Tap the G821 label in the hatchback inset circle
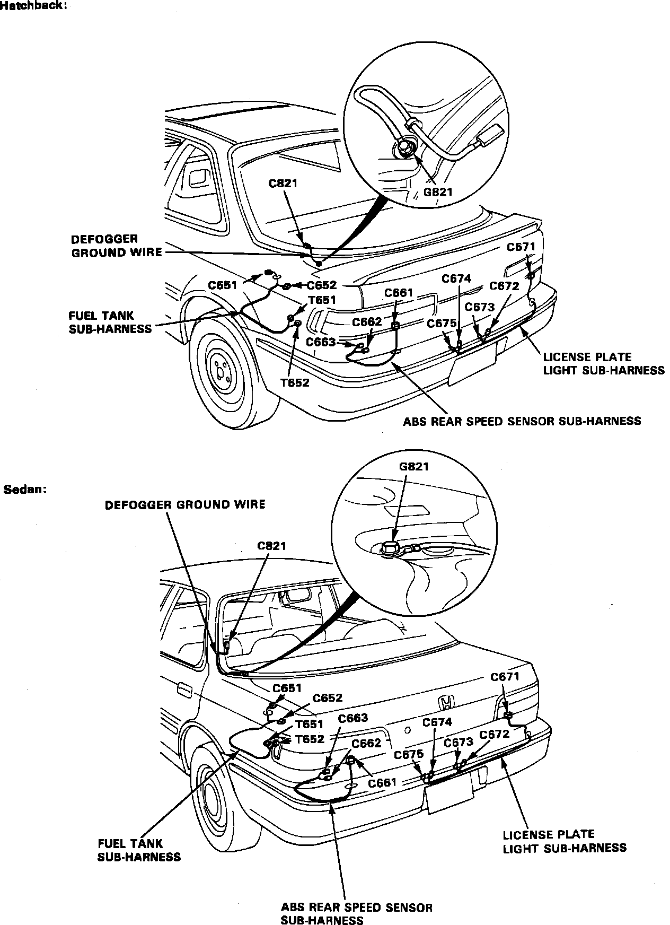(x=437, y=191)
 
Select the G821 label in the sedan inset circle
(x=413, y=467)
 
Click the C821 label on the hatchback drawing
(x=283, y=184)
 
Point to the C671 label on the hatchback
(x=521, y=247)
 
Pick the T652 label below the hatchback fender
(x=295, y=382)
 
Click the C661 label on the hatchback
(x=399, y=293)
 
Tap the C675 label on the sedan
(x=409, y=754)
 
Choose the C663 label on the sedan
(x=353, y=718)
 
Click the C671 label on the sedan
(x=505, y=677)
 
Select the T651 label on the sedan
(x=310, y=725)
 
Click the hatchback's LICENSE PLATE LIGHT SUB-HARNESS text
(x=603, y=363)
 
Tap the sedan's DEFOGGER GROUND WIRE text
(x=185, y=504)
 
